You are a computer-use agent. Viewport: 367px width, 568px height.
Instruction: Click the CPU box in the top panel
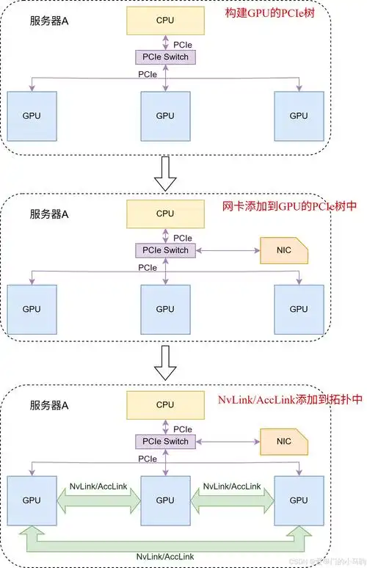[x=165, y=21]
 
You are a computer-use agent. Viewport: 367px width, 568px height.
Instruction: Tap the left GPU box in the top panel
[x=32, y=116]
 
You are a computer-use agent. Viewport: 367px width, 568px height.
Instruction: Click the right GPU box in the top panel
[x=298, y=116]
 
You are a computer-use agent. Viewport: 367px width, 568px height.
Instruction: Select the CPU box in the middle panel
[x=165, y=214]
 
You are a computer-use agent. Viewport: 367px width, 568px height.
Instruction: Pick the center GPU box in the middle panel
[x=165, y=309]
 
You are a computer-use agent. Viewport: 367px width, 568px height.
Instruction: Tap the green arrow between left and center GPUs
[x=98, y=500]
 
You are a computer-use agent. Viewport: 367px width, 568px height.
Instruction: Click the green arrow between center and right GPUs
[x=232, y=500]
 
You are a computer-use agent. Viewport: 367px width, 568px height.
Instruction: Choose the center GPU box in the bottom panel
[x=165, y=500]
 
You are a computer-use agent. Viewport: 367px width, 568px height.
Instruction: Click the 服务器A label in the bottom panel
[x=49, y=405]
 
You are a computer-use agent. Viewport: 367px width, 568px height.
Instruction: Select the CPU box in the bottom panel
[x=165, y=404]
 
